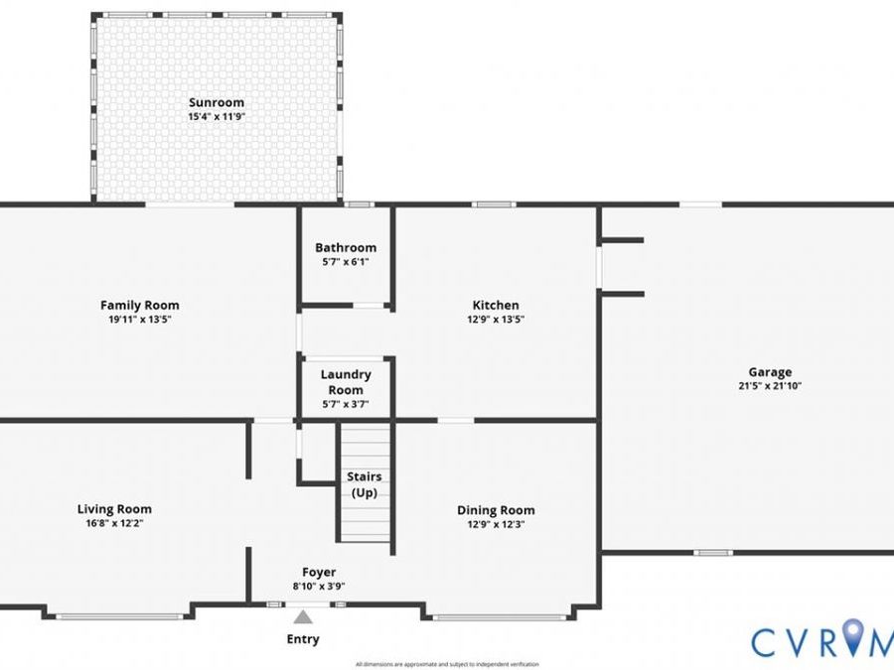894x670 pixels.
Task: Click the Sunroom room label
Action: (217, 102)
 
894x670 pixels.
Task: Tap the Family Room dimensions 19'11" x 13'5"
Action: (140, 320)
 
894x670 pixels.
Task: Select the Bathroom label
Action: (346, 248)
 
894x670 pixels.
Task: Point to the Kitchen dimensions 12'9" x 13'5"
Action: (496, 320)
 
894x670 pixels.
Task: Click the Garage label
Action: (770, 372)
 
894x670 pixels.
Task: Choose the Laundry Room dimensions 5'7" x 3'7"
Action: (346, 405)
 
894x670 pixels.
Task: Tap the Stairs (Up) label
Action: (365, 484)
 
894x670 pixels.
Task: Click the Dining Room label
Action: (496, 510)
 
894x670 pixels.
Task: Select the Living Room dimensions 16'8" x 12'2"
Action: (114, 524)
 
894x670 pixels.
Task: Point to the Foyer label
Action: (319, 572)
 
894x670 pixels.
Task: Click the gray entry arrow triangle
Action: (303, 617)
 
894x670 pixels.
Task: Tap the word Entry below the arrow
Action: (303, 639)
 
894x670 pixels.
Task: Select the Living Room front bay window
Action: (119, 616)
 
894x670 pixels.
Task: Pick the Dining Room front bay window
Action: (500, 617)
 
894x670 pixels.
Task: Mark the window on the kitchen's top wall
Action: (494, 204)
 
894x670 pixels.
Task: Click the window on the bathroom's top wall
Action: (360, 204)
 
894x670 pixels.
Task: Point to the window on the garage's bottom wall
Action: (713, 552)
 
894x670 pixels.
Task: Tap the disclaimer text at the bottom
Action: (447, 664)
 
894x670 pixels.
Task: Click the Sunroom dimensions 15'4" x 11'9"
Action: (217, 117)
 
